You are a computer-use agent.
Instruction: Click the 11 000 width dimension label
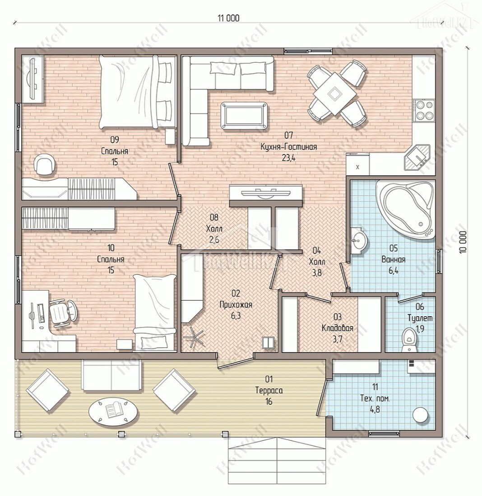point(228,18)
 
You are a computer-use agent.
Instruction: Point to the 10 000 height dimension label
point(463,242)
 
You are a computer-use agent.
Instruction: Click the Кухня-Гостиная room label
point(288,147)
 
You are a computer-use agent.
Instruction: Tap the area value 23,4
point(288,158)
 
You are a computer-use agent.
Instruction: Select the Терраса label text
point(269,390)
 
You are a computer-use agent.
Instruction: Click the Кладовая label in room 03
point(338,328)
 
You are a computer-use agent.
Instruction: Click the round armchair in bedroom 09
point(46,164)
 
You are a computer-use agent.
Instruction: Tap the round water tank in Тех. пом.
point(421,414)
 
